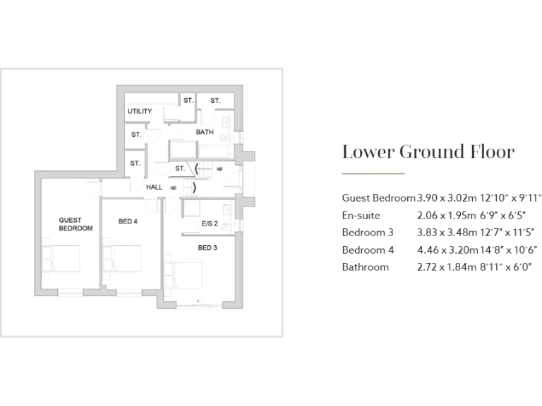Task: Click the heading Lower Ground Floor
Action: pos(428,152)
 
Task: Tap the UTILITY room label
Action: pos(139,111)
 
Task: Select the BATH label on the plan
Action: pos(205,132)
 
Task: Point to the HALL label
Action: pos(154,187)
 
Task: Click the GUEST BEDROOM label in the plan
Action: pos(76,224)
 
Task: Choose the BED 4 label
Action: pos(128,221)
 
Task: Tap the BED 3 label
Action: pos(207,247)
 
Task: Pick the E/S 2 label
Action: pos(210,224)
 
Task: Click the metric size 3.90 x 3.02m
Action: pos(447,197)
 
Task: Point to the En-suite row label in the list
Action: pos(361,215)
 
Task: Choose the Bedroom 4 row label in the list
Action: pos(368,250)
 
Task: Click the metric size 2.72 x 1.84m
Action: pos(447,267)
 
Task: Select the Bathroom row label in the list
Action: pos(365,267)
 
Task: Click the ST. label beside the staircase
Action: pos(180,168)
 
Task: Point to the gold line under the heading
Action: pos(373,173)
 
